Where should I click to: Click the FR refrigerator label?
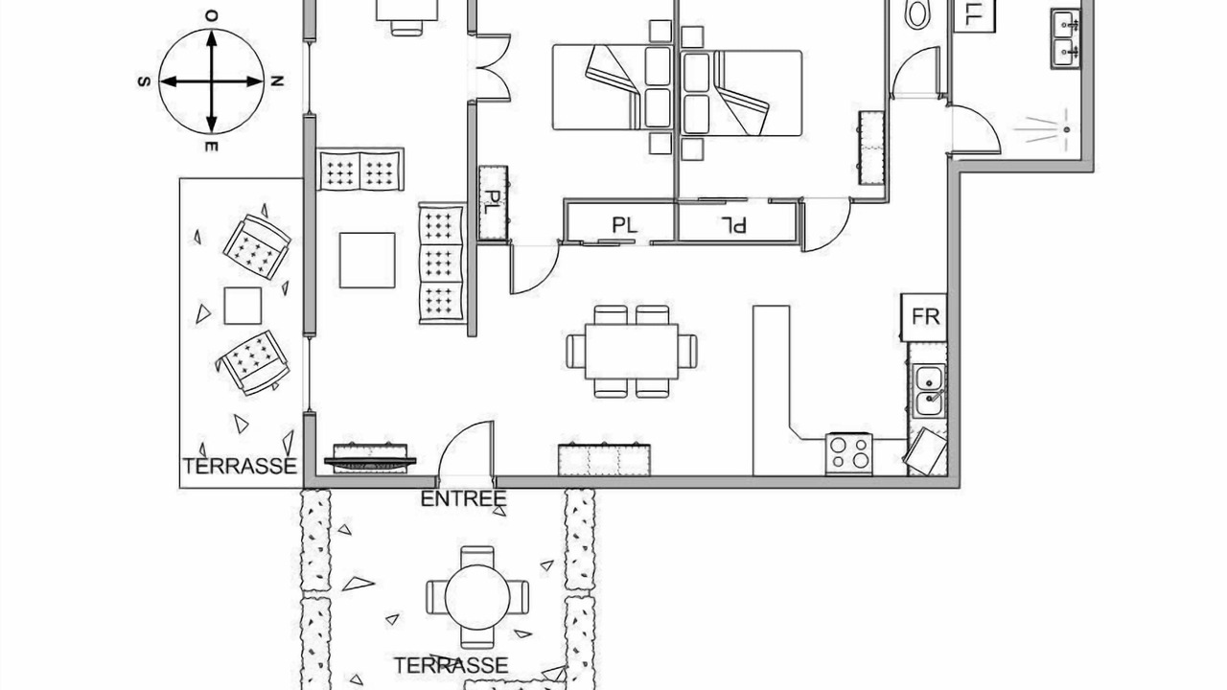click(926, 316)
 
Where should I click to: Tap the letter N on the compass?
click(277, 81)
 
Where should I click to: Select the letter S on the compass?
click(144, 81)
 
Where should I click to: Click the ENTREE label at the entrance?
click(463, 499)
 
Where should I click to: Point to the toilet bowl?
click(917, 13)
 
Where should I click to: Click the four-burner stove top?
click(849, 453)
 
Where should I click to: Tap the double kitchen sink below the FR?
click(929, 390)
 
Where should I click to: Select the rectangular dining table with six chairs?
click(632, 352)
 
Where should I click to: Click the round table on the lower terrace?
click(477, 597)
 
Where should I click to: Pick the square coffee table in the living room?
click(367, 260)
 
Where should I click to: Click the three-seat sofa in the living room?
click(441, 264)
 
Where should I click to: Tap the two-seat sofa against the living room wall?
click(360, 170)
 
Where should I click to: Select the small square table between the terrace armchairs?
click(243, 306)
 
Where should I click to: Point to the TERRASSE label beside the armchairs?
click(240, 466)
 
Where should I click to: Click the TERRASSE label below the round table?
click(451, 665)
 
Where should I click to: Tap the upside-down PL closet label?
click(733, 224)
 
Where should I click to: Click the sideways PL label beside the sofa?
click(494, 202)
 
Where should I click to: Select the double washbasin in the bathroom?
click(1065, 38)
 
